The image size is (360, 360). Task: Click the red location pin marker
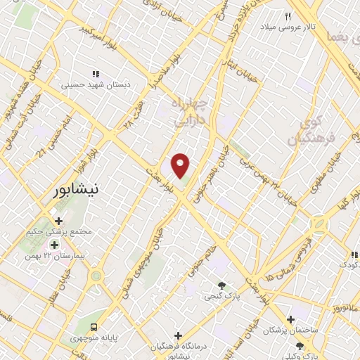(181, 165)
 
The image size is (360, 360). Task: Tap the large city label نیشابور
(86, 190)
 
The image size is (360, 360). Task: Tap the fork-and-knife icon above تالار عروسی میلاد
(288, 15)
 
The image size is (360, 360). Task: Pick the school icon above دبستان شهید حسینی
(96, 74)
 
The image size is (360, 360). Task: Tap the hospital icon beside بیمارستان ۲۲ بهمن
(55, 245)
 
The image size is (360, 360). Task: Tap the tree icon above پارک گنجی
(222, 285)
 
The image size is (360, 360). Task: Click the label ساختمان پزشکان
(291, 330)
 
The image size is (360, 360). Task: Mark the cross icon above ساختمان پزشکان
(290, 319)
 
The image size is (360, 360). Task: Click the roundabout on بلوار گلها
(319, 224)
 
